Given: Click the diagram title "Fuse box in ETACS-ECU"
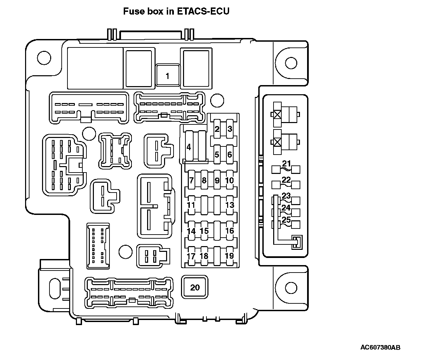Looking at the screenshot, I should tap(176, 11).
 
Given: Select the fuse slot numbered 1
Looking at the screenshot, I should tap(167, 76).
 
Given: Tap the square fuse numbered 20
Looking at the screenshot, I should tap(195, 287).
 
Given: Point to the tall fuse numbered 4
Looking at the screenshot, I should tap(189, 147).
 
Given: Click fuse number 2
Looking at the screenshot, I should tap(217, 129).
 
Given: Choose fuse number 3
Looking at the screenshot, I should tap(230, 129).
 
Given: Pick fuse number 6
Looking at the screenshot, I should tap(230, 155).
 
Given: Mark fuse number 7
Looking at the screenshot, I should tap(191, 180).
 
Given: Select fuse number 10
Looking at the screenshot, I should tap(230, 180).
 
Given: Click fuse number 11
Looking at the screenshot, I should tap(191, 205).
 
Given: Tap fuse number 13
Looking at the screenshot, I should tap(230, 205).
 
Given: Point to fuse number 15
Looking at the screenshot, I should tap(204, 231).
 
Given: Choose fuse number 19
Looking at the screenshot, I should tap(230, 256).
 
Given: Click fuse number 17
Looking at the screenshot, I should tap(191, 256).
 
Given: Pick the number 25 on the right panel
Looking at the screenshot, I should tap(286, 220).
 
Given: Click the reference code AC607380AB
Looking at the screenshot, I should tap(380, 347).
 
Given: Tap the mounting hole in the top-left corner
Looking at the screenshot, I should tap(44, 57).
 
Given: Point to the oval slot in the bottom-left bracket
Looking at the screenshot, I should tap(54, 288).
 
